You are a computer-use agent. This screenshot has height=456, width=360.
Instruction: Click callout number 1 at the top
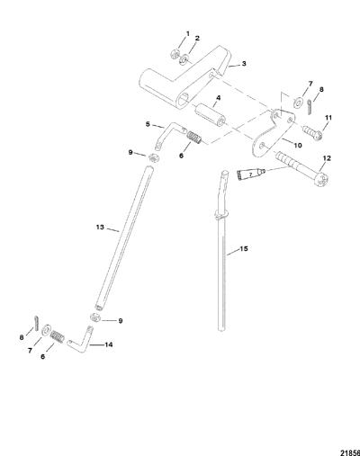tap(188, 33)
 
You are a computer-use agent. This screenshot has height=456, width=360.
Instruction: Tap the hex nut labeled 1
tap(175, 55)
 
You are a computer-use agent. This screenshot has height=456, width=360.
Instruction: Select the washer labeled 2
tap(184, 59)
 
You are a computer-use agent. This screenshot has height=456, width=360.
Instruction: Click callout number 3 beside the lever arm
tap(244, 63)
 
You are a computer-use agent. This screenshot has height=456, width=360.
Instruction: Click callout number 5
tap(148, 123)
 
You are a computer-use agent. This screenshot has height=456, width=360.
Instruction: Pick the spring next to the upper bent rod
tap(194, 138)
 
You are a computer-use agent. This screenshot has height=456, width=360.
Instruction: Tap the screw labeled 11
tap(312, 132)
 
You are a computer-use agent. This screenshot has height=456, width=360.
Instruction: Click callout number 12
tap(327, 158)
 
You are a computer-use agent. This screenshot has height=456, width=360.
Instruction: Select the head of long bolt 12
tap(322, 178)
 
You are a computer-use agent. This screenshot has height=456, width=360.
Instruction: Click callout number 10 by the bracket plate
tap(298, 145)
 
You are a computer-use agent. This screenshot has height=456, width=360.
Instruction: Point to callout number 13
tap(100, 227)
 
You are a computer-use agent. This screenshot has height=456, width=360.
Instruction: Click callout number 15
tap(244, 248)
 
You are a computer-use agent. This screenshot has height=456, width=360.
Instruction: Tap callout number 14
tap(109, 344)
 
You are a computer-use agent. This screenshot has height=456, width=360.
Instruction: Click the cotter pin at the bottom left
tap(36, 322)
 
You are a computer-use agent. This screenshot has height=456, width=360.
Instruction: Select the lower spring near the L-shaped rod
tap(57, 336)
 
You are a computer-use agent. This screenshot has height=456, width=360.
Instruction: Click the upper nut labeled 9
tap(153, 157)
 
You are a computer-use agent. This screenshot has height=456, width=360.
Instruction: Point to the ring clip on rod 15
tap(221, 213)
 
